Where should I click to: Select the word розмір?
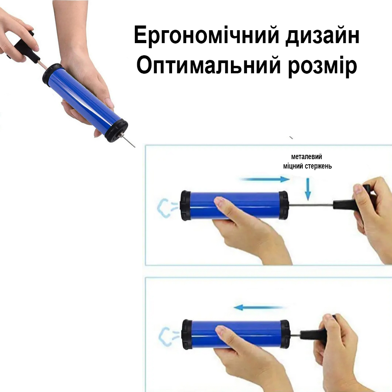[322, 67]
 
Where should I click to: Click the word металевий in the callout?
[307, 157]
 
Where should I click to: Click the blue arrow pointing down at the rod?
[308, 189]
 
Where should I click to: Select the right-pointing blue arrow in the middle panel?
[265, 179]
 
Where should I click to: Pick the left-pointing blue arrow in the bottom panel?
[258, 307]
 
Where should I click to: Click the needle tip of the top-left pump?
[135, 147]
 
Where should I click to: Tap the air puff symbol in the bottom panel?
[168, 336]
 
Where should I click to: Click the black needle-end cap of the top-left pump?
[116, 131]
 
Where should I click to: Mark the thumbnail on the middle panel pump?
[219, 200]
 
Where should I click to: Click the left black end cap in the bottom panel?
[187, 334]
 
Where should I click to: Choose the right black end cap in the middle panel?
[283, 205]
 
